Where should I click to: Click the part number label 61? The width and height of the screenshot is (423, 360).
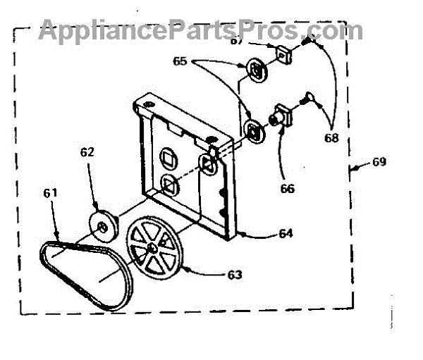click(51, 192)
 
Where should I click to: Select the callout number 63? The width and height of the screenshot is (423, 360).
click(233, 274)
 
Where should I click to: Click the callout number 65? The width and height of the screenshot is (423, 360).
click(181, 62)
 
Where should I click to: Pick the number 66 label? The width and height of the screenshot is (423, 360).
click(288, 188)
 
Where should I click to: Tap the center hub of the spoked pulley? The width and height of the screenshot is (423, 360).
click(154, 249)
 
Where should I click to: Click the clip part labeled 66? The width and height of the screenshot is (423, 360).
click(283, 115)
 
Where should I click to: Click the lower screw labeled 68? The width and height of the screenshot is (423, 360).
click(308, 101)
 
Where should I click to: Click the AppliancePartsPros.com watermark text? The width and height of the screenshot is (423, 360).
click(201, 30)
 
